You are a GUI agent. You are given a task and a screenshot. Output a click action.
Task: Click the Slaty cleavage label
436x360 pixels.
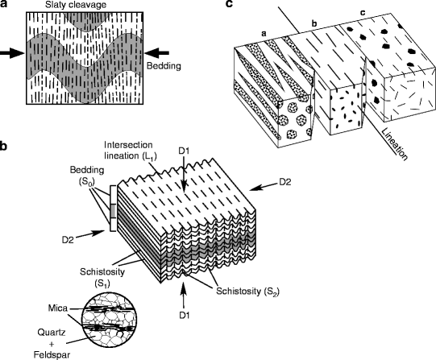[x=76, y=5]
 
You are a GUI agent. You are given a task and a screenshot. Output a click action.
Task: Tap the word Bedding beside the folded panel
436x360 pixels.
[x=164, y=66]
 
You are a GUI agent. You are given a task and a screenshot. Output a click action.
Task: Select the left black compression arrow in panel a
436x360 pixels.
[x=13, y=53]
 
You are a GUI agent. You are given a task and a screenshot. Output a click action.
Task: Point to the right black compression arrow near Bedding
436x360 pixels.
[x=156, y=53]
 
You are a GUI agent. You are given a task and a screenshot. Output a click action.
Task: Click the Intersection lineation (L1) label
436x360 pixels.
[x=131, y=151]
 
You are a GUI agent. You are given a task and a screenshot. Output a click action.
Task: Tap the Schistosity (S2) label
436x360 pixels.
[x=247, y=292]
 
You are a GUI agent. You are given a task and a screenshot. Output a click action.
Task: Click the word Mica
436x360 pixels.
[x=57, y=308]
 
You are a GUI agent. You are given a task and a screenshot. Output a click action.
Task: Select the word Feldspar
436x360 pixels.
[x=52, y=354]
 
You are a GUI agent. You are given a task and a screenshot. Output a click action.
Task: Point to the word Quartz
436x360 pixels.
[x=52, y=333]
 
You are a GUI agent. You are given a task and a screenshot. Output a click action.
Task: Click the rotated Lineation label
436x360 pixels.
[x=395, y=144]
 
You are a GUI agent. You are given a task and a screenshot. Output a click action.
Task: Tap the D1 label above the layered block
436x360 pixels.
[x=184, y=151]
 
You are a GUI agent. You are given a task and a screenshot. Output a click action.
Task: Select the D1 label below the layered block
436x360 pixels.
[x=184, y=315]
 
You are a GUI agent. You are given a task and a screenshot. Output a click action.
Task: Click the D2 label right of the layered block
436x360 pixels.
[x=285, y=182]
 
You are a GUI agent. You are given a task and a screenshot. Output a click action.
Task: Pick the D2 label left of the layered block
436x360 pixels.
[x=68, y=240]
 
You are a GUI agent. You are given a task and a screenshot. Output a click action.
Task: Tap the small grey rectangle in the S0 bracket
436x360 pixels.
[x=113, y=211]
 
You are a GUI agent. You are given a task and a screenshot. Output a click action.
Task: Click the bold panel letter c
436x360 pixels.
[x=229, y=4]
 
